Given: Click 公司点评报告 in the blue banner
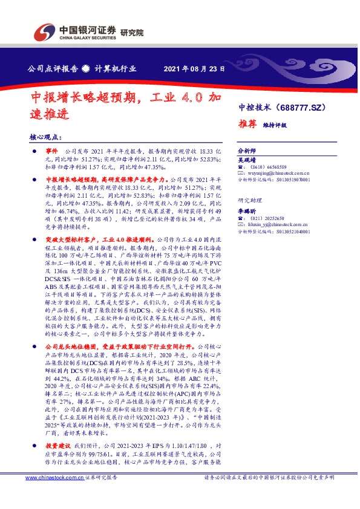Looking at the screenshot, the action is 53,68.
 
